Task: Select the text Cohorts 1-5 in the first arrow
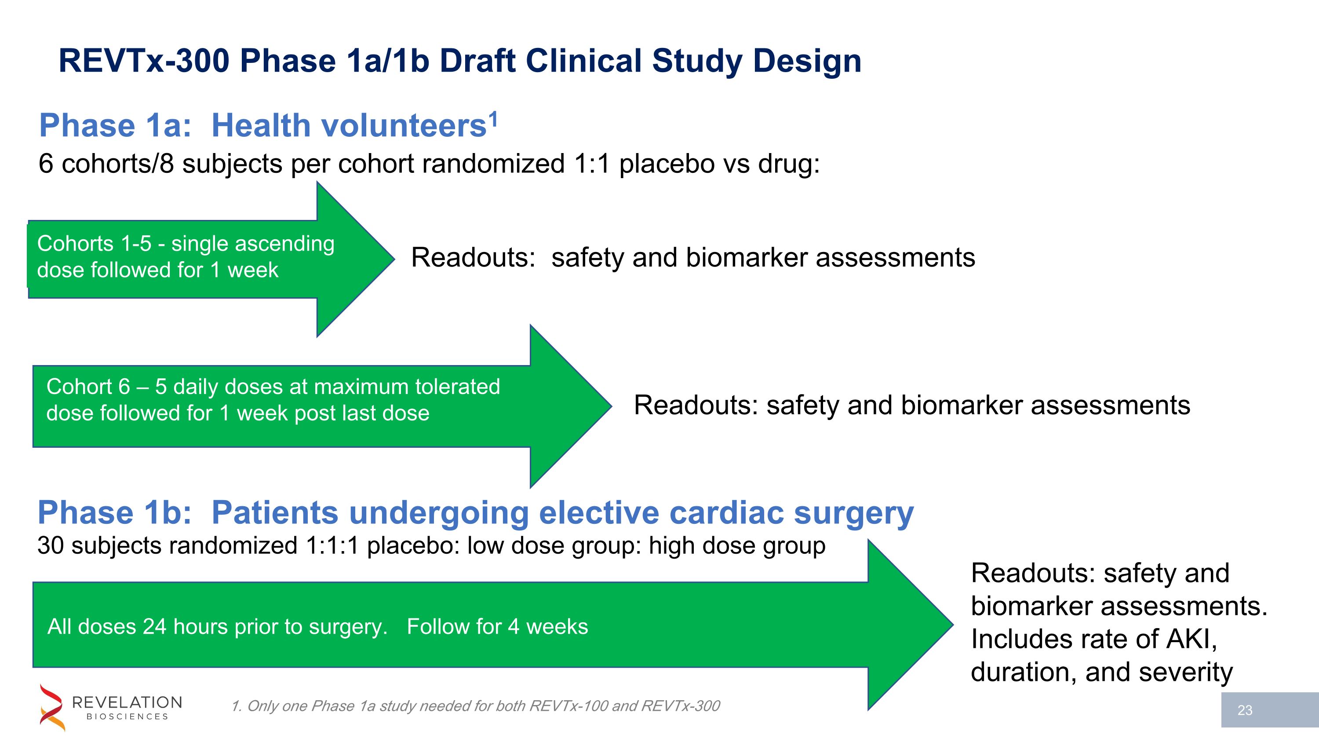pos(94,244)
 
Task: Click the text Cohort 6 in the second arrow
pos(88,387)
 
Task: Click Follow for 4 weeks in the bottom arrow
pos(497,627)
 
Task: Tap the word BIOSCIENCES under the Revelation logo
pos(127,717)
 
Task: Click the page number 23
pos(1245,710)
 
